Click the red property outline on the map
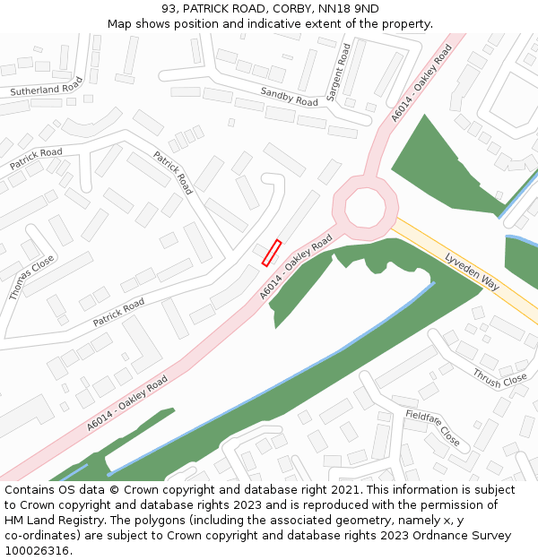(272, 253)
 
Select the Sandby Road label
(289, 97)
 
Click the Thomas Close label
(31, 277)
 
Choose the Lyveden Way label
(471, 271)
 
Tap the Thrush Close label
(499, 378)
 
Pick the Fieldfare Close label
(432, 428)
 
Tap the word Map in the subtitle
(121, 24)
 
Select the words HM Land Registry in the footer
(49, 521)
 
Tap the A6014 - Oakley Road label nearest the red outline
(297, 266)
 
